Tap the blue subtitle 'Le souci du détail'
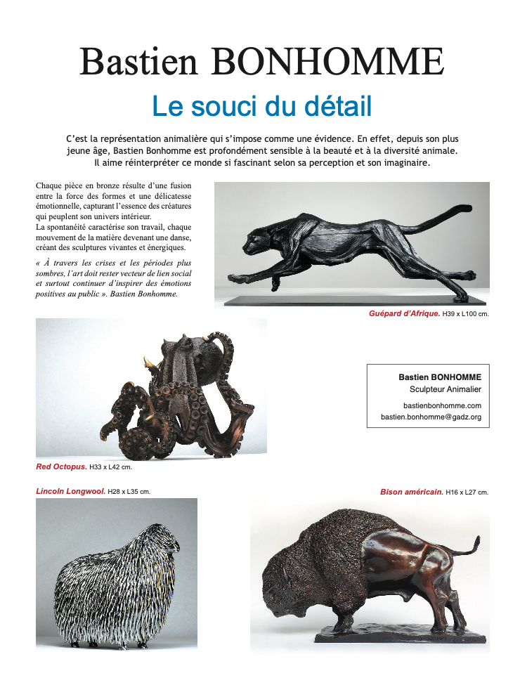(x=261, y=106)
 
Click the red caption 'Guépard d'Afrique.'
(x=404, y=314)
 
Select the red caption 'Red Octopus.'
(x=61, y=466)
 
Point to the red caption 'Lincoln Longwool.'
(x=70, y=491)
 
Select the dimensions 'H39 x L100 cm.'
(x=465, y=314)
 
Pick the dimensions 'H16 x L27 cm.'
(x=467, y=492)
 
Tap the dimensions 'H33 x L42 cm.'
(x=110, y=466)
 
